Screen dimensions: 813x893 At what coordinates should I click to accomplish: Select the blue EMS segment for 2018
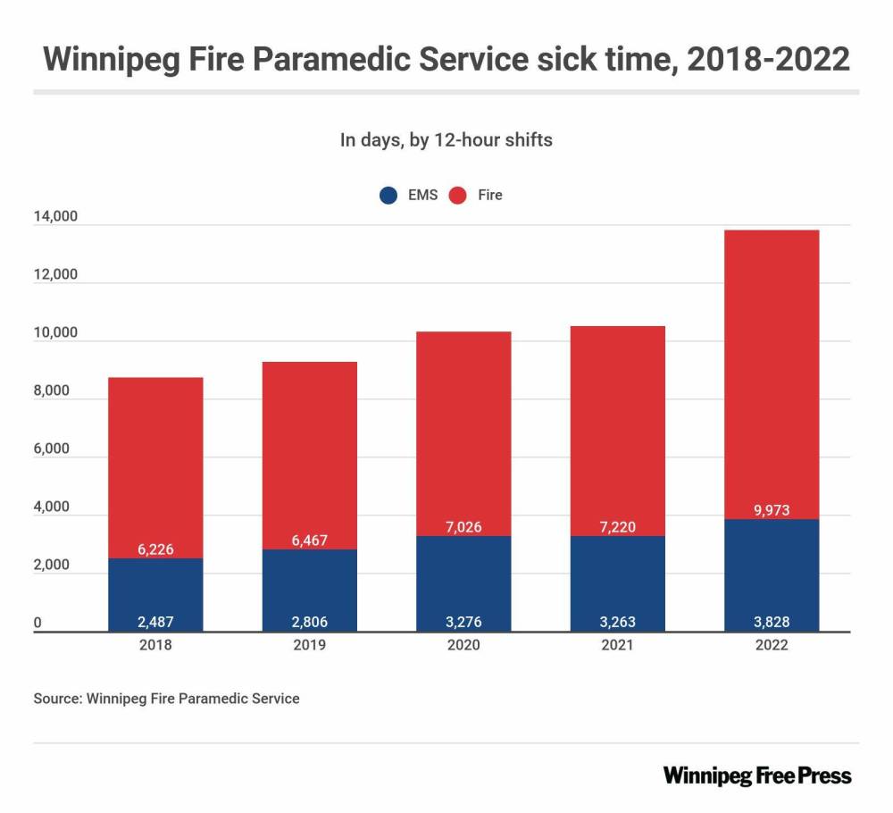click(x=155, y=590)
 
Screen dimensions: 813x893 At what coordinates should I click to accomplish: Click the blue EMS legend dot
click(x=388, y=195)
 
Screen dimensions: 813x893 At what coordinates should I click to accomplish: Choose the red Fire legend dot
click(x=459, y=195)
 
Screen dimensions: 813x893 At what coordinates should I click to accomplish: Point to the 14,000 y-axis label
click(x=56, y=216)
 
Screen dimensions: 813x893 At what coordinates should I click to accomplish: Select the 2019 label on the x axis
click(x=309, y=645)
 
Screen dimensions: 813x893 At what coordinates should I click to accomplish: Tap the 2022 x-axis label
click(x=772, y=645)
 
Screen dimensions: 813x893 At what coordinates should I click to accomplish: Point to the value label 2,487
click(x=155, y=622)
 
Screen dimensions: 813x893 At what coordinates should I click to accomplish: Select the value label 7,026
click(x=463, y=527)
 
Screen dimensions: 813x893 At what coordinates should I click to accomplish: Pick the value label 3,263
click(x=618, y=622)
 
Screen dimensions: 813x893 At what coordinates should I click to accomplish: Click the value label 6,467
click(x=309, y=541)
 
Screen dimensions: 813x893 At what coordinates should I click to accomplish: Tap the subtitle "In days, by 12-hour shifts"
click(x=446, y=140)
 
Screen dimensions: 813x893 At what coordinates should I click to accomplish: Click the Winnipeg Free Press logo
click(x=757, y=775)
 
